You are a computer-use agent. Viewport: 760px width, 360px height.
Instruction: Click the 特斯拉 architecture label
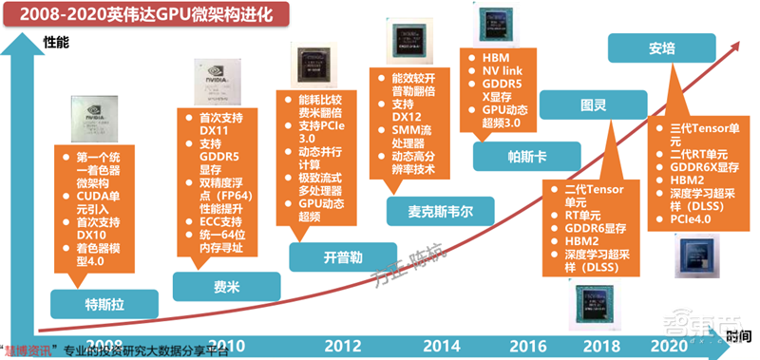pyautogui.click(x=104, y=305)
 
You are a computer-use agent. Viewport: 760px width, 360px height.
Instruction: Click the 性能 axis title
pyautogui.click(x=56, y=41)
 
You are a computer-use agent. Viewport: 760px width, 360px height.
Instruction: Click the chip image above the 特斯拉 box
pyautogui.click(x=100, y=121)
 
